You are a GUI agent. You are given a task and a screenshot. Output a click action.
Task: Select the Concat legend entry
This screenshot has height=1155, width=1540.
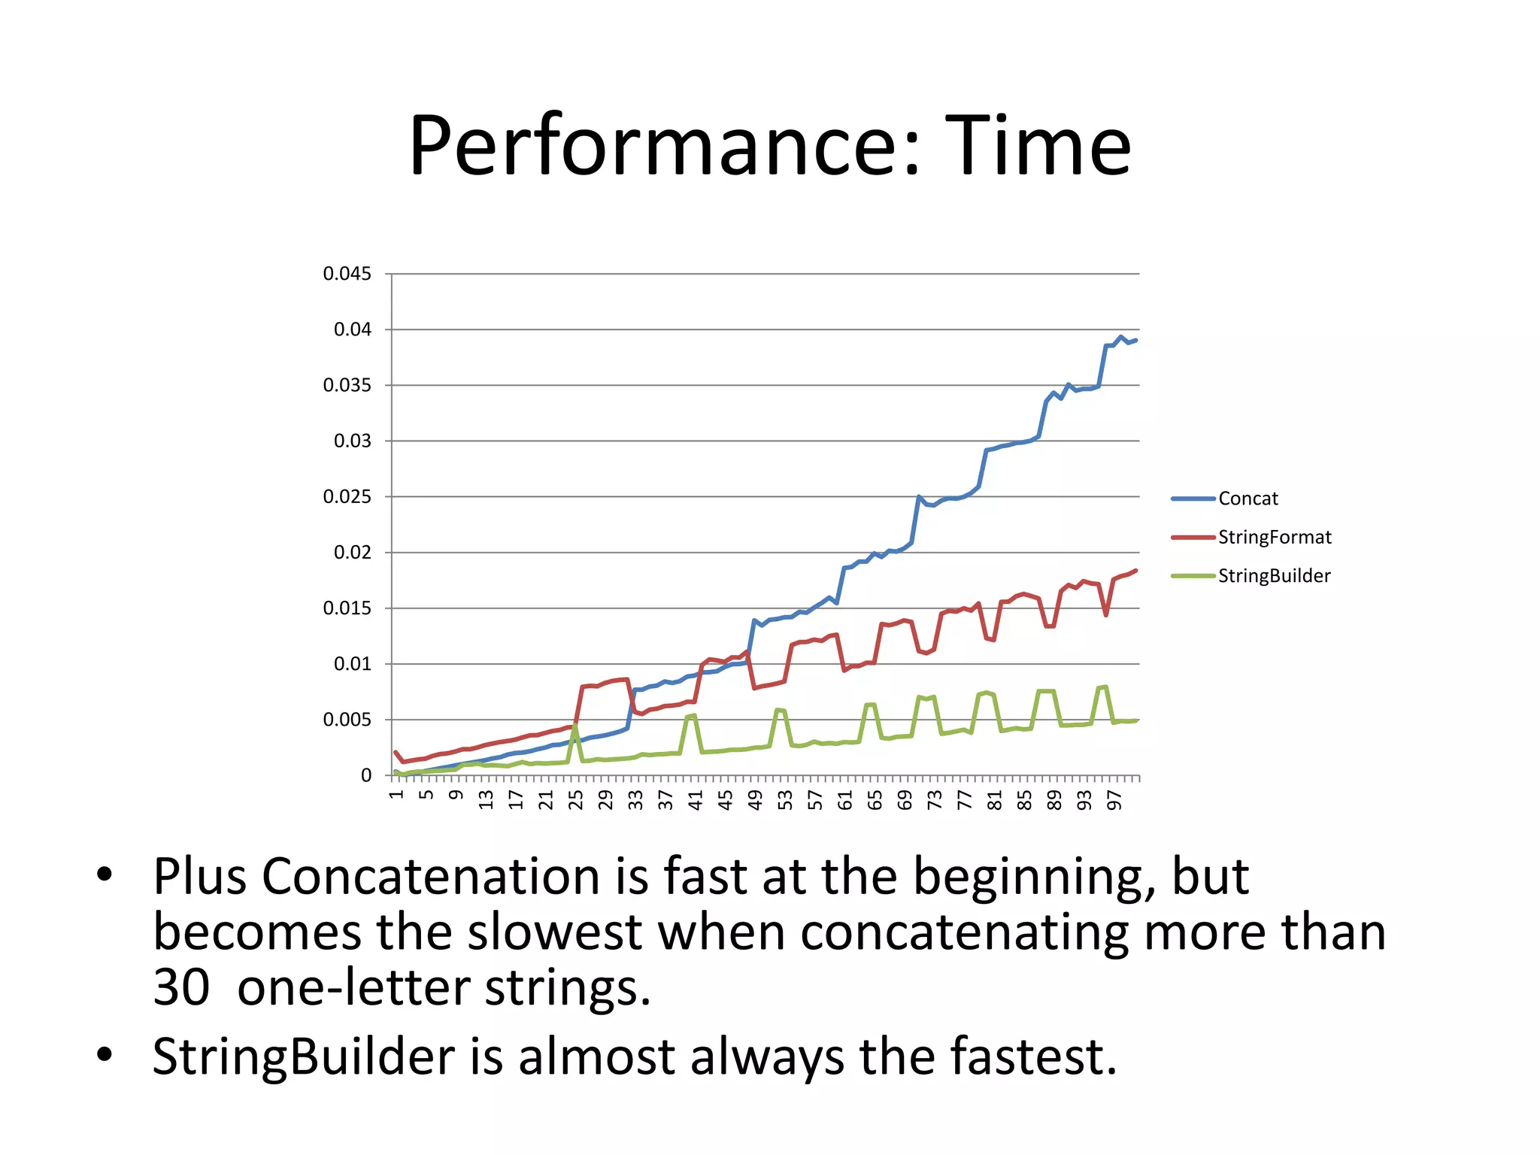click(1247, 499)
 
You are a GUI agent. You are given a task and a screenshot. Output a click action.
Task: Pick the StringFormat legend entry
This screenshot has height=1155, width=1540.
click(1274, 537)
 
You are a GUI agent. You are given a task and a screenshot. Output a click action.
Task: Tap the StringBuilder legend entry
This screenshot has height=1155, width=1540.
click(1274, 576)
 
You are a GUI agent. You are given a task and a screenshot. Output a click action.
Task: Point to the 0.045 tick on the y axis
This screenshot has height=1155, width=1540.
click(347, 274)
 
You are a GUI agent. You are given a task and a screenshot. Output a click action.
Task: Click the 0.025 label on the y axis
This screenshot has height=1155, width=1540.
click(347, 497)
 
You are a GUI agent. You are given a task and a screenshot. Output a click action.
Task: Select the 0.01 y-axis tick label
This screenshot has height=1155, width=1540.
click(352, 664)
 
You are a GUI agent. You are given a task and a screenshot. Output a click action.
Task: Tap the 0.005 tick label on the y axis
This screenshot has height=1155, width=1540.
click(347, 720)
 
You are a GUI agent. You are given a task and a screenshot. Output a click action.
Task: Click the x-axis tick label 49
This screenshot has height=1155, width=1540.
click(755, 800)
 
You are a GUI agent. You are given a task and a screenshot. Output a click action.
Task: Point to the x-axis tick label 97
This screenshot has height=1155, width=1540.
click(1114, 800)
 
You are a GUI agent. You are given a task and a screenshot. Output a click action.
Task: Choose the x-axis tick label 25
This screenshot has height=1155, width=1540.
click(575, 800)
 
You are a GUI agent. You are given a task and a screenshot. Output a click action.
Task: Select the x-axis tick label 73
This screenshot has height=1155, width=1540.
click(935, 800)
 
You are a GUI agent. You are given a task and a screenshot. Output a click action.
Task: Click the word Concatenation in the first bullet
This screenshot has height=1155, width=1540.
click(432, 877)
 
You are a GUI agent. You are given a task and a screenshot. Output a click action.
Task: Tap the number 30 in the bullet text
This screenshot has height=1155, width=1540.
click(180, 988)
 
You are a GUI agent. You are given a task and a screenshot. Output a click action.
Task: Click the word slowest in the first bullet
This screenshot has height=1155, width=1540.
click(554, 932)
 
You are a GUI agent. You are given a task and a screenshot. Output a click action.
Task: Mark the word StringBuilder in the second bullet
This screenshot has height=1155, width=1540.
click(304, 1056)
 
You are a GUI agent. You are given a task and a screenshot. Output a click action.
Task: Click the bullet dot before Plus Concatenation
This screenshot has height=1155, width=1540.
click(105, 875)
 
